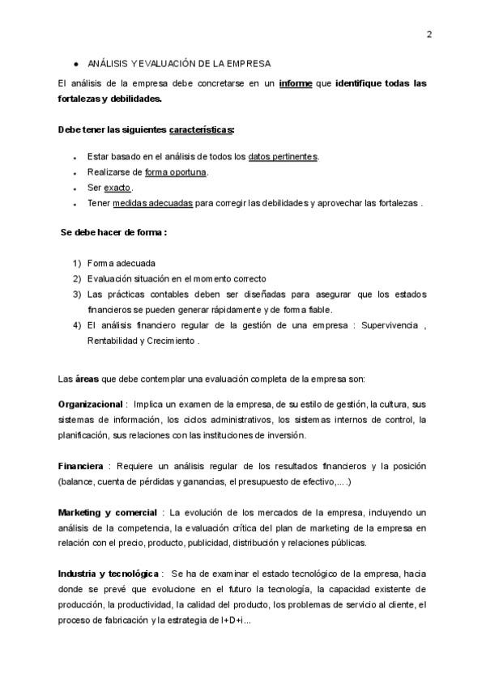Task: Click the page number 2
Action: pos(428,34)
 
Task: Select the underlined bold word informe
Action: pos(296,83)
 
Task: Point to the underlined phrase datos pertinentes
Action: pos(283,157)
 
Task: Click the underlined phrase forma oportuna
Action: pos(176,172)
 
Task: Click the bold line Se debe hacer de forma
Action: pos(113,232)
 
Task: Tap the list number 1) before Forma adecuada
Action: pos(77,264)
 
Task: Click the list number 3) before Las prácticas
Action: pos(77,294)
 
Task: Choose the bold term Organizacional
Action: pos(89,404)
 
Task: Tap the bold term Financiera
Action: pos(80,467)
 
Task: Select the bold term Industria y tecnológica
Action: pos(109,574)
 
